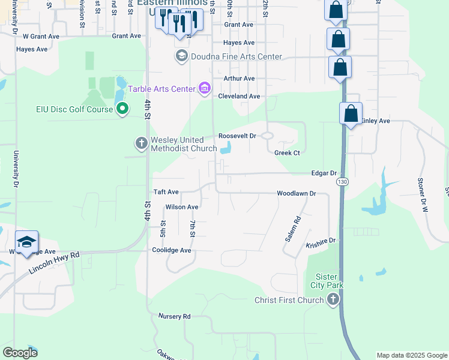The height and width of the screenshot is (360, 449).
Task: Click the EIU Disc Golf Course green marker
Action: (x=123, y=109)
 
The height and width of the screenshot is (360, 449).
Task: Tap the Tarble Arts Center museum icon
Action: (x=204, y=89)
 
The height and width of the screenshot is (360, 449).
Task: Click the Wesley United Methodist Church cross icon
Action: (x=141, y=143)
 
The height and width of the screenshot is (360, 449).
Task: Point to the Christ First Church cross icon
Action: (x=333, y=300)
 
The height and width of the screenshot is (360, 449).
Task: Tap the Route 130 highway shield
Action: (x=342, y=181)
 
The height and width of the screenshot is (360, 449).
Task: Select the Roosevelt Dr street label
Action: (x=237, y=136)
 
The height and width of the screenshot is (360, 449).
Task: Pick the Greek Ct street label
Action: (x=287, y=153)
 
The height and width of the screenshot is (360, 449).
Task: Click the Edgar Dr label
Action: (x=324, y=173)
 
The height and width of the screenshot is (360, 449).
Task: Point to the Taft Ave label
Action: (x=166, y=192)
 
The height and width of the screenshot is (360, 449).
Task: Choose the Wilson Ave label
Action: (x=182, y=207)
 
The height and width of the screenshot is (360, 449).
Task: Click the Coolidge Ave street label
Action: (x=171, y=250)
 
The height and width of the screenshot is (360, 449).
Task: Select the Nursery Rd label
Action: (x=174, y=316)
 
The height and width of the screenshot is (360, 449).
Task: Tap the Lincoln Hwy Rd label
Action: (x=53, y=263)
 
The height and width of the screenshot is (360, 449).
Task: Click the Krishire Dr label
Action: (x=320, y=241)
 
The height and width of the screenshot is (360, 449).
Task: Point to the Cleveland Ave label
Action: (x=239, y=96)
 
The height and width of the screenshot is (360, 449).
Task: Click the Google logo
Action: (x=20, y=353)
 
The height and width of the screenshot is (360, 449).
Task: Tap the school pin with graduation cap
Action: (x=26, y=242)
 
